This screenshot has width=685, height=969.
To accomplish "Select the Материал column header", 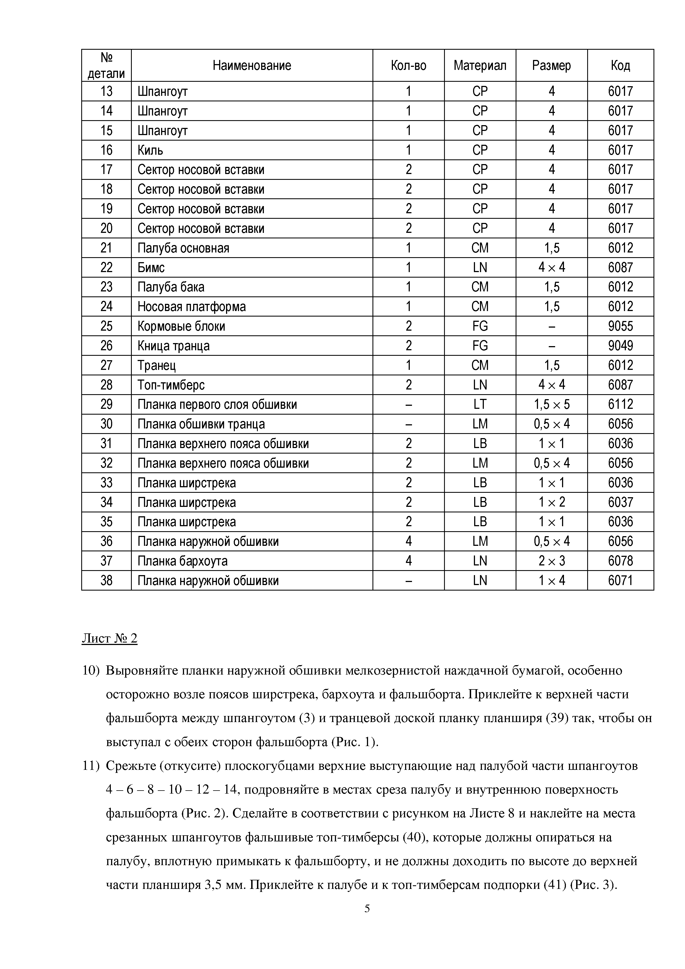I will click(x=480, y=65).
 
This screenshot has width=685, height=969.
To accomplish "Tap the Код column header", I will click(x=620, y=65).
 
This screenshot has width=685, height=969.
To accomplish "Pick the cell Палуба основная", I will click(x=183, y=248).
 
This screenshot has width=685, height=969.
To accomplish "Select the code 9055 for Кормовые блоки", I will click(x=620, y=326).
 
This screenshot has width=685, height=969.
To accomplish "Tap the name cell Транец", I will click(x=157, y=365).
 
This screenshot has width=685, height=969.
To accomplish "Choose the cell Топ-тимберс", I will click(x=171, y=385).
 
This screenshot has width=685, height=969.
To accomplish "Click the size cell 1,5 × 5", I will click(x=552, y=405).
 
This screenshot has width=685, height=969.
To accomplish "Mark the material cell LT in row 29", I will click(x=480, y=405).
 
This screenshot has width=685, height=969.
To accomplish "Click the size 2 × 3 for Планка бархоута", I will click(x=552, y=561).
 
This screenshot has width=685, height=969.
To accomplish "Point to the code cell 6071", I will click(x=620, y=581).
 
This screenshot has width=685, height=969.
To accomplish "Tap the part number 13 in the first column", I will click(x=106, y=91).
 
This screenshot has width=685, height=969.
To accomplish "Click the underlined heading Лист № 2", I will click(x=109, y=639).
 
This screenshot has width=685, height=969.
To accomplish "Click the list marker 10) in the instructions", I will click(x=90, y=671).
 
